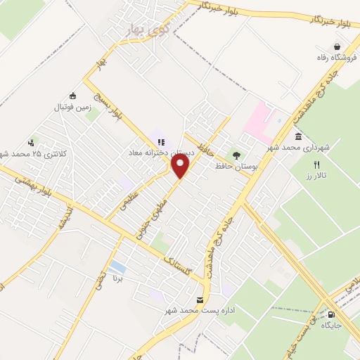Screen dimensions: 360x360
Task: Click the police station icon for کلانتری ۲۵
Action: point(30,142)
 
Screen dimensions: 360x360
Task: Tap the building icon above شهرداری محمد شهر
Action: point(299,136)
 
